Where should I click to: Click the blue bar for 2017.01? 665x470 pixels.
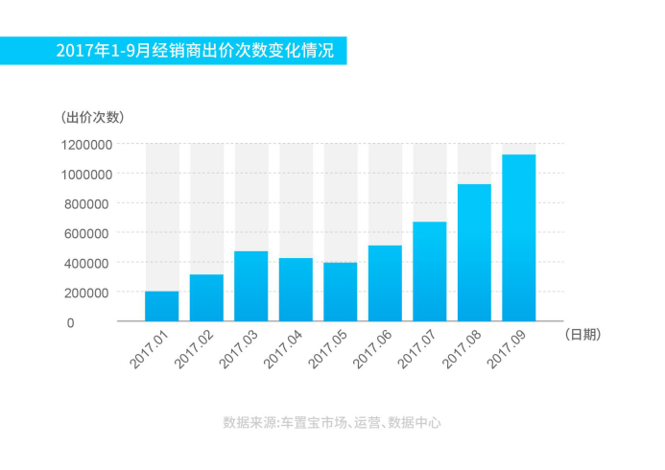point(162,306)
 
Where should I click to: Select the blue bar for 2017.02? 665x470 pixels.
point(206,297)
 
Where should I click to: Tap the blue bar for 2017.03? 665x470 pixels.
point(251,286)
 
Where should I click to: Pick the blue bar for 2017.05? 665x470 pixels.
point(341,292)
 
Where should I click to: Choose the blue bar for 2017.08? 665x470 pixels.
point(474,252)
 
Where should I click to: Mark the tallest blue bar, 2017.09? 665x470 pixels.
point(519,238)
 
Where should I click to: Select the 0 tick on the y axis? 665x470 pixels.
point(71,322)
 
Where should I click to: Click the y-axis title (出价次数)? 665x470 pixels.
point(92,118)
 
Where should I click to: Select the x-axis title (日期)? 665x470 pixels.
point(583,334)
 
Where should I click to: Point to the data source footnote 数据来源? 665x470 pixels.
point(332,422)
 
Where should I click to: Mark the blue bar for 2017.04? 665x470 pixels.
point(296,289)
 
